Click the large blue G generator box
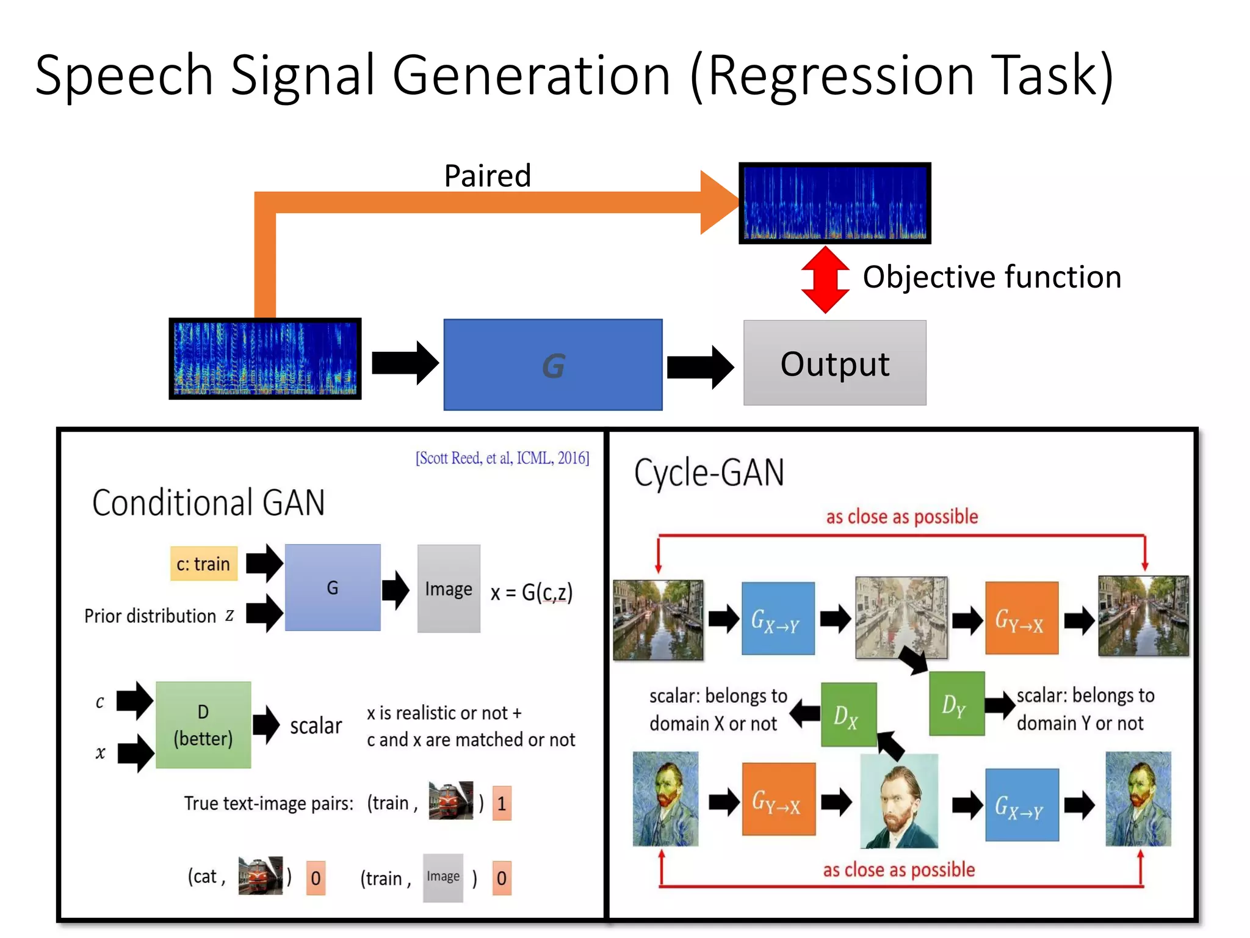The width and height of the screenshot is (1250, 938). point(552,365)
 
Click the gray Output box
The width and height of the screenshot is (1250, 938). point(834,363)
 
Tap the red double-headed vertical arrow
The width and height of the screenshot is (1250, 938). point(825,280)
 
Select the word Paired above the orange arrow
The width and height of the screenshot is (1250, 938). point(487,176)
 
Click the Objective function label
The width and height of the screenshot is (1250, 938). point(992,277)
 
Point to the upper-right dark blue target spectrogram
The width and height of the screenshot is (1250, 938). point(834,203)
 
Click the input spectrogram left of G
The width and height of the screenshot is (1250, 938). point(265,358)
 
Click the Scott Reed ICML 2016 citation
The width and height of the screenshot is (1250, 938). point(502,458)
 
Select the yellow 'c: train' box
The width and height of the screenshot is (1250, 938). point(203,564)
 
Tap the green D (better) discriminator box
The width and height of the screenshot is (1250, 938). point(203,725)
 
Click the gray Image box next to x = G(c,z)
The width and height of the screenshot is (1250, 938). point(449,589)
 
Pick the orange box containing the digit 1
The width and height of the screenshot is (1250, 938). point(501,803)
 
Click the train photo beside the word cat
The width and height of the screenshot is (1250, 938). point(260,876)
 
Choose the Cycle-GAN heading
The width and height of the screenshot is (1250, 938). point(709,473)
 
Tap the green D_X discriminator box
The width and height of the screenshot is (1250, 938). point(848,714)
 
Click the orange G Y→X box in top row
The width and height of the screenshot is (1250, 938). point(1021,619)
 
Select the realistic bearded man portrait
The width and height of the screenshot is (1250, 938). point(898,801)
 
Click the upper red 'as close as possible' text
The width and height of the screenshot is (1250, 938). point(901,517)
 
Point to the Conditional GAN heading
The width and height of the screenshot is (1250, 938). point(208,503)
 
